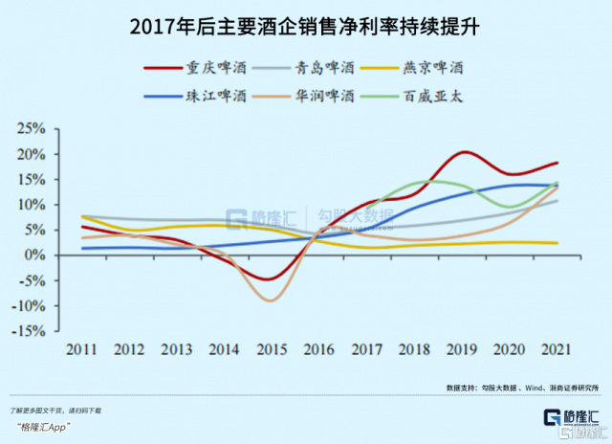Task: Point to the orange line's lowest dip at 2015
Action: pos(273,300)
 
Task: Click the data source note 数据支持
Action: pos(508,388)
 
